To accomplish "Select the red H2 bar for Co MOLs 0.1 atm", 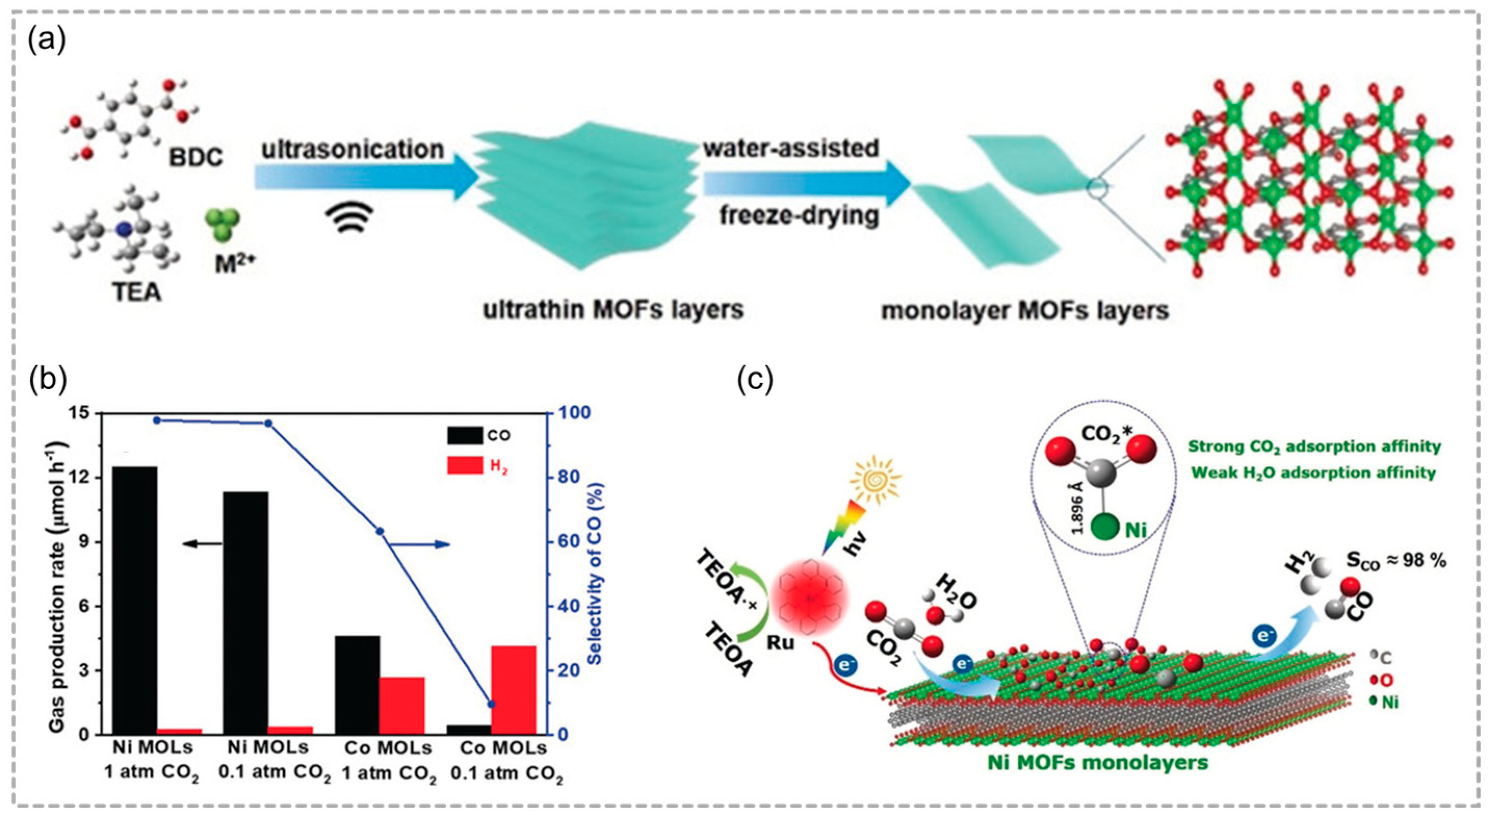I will pyautogui.click(x=514, y=690).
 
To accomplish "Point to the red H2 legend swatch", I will pyautogui.click(x=464, y=465).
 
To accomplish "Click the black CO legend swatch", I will pyautogui.click(x=464, y=434).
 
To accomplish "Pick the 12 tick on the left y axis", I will pyautogui.click(x=85, y=478).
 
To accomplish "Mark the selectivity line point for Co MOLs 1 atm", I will pyautogui.click(x=380, y=531).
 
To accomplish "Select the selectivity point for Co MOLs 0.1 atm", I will pyautogui.click(x=491, y=704).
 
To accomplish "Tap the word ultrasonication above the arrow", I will pyautogui.click(x=352, y=150).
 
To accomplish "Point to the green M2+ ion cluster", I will pyautogui.click(x=222, y=225).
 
